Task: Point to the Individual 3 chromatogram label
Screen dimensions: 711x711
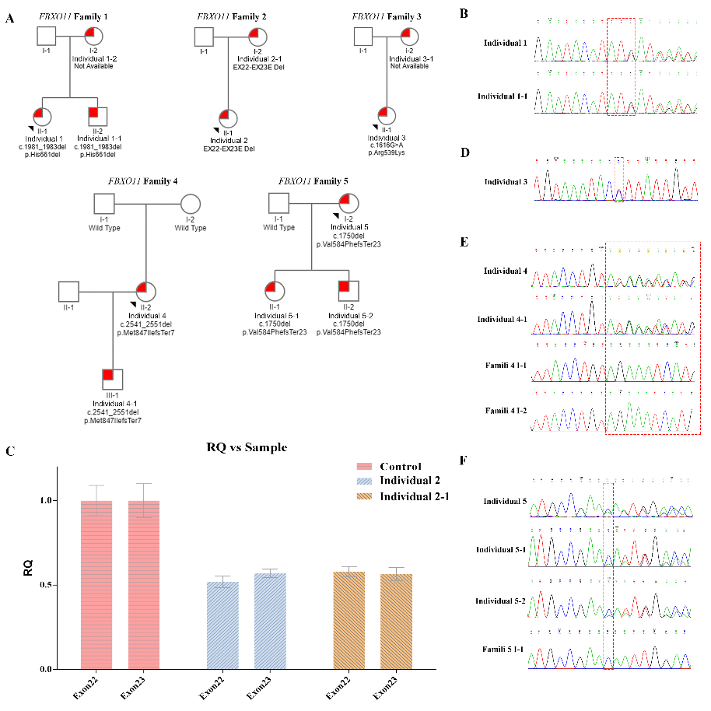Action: tap(506, 182)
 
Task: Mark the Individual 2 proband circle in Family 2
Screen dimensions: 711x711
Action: tap(227, 117)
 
